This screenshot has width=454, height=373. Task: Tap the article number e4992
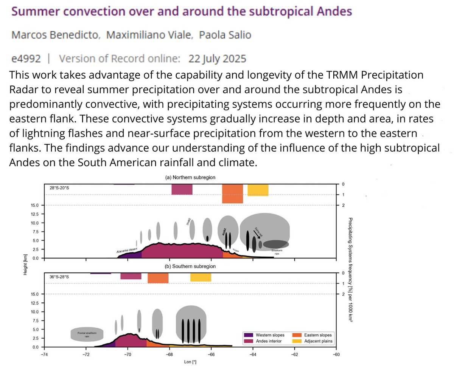26,59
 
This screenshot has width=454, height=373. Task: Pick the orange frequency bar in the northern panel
232,193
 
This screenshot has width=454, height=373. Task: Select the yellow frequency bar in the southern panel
201,277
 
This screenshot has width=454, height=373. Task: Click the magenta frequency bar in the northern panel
182,189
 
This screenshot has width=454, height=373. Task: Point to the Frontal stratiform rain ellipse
87,334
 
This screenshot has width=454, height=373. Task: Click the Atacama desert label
127,250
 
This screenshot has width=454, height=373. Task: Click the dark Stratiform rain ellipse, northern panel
276,244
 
